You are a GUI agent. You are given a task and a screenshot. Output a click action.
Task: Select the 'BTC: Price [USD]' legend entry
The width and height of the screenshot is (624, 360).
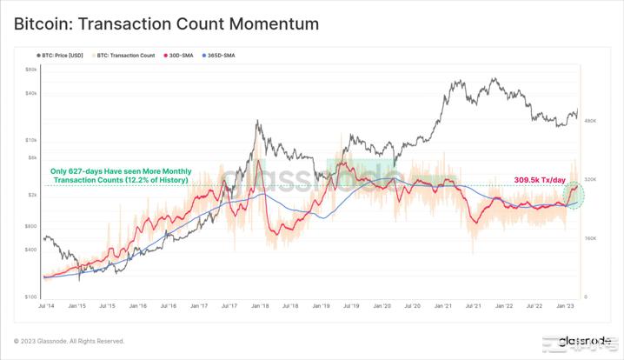coord(67,56)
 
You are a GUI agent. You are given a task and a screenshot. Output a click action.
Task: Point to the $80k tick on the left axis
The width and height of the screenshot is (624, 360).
coord(31,69)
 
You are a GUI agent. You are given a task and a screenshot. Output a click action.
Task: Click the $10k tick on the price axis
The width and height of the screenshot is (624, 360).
coord(31,139)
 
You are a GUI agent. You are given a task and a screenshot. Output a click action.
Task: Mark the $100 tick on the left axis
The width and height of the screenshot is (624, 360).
coord(31,297)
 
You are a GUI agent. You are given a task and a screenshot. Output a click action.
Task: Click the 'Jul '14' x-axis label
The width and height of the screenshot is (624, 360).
coord(49,307)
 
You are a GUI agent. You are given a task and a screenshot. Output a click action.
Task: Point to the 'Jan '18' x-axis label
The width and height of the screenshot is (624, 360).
coord(260,307)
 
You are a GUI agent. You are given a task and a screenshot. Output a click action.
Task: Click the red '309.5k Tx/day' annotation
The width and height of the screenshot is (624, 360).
coord(540,180)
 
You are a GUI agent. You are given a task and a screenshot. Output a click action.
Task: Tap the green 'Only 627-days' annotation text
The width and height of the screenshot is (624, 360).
coord(119,176)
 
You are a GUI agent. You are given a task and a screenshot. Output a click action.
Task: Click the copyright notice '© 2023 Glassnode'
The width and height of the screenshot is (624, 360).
coord(69,341)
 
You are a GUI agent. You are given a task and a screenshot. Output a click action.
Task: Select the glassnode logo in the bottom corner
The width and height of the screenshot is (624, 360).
coord(584,342)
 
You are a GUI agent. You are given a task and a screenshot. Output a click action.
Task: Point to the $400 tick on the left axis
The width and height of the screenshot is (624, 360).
coord(31,250)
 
